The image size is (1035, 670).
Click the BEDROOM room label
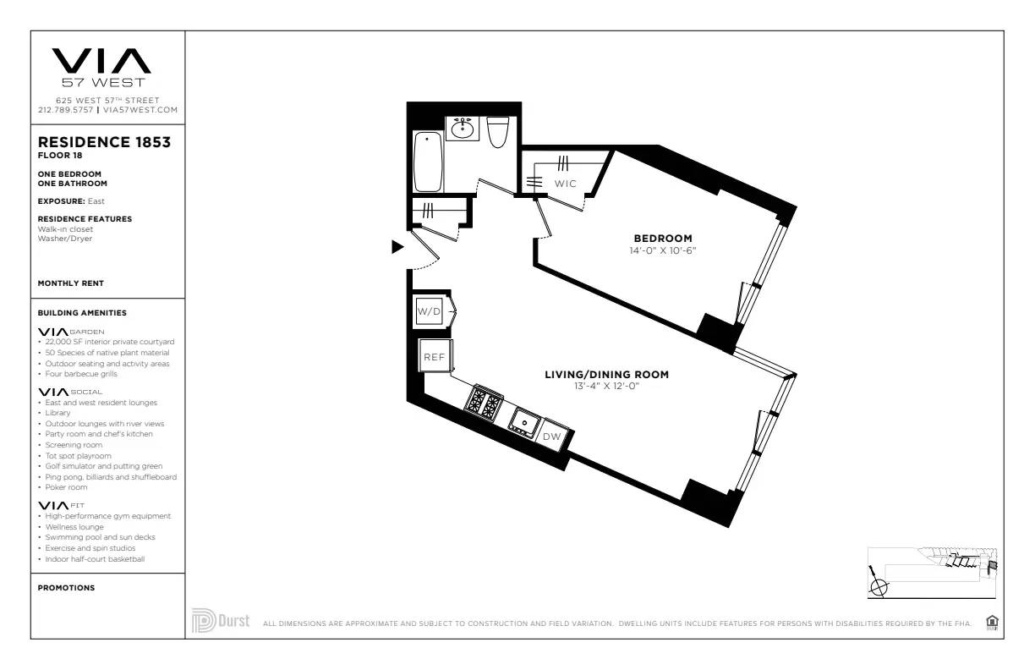click(663, 239)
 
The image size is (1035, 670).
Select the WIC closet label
click(565, 184)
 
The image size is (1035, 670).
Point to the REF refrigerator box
click(435, 357)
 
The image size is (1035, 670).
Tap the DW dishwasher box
click(551, 437)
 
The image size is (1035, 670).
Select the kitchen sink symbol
click(523, 421)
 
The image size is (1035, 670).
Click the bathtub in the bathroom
click(428, 162)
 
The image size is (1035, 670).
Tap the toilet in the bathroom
click(498, 131)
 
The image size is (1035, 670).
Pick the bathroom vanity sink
click(462, 129)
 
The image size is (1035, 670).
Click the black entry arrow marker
click(397, 247)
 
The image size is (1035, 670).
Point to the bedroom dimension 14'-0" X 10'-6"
click(663, 250)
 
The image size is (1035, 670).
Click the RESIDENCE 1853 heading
click(105, 142)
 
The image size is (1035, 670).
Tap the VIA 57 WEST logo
click(101, 68)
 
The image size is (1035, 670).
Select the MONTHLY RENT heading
click(71, 283)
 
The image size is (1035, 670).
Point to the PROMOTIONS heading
click(66, 588)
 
